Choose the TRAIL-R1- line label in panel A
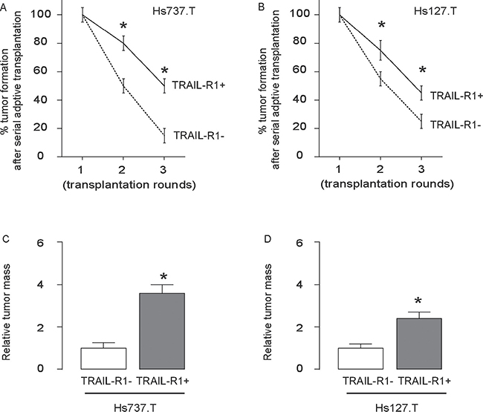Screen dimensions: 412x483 point(194,136)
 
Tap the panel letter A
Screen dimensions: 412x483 point(4,6)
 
